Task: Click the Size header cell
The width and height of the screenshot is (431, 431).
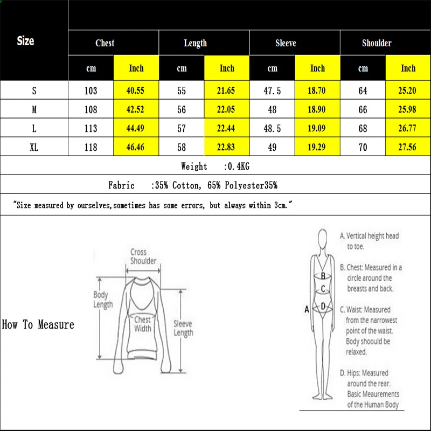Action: pyautogui.click(x=25, y=41)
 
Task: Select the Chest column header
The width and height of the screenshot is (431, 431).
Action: pyautogui.click(x=105, y=43)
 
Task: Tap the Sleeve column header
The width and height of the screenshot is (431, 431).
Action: pyautogui.click(x=286, y=43)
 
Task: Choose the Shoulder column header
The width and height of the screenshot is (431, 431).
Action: pyautogui.click(x=377, y=43)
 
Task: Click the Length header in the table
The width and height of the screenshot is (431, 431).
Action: pyautogui.click(x=195, y=43)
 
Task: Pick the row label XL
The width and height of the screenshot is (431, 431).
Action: pyautogui.click(x=34, y=147)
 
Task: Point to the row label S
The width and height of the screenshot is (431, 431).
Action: pyautogui.click(x=34, y=91)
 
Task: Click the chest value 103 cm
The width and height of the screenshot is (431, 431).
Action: pyautogui.click(x=91, y=91)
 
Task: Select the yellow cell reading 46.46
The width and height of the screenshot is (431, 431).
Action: pyautogui.click(x=136, y=147)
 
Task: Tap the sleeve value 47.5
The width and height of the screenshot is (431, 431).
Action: pyautogui.click(x=272, y=91)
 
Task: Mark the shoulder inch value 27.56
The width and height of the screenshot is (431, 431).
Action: pyautogui.click(x=408, y=147)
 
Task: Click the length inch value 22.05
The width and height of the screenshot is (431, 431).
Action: pyautogui.click(x=227, y=109)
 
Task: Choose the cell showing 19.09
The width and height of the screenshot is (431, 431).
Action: pyautogui.click(x=317, y=128)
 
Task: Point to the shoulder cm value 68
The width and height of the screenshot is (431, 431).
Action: pyautogui.click(x=363, y=128)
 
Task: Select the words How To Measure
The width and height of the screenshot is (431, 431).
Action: pyautogui.click(x=38, y=325)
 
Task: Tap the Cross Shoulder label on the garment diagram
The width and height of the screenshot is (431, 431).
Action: pyautogui.click(x=143, y=256)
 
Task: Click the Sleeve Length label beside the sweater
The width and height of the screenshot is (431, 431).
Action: pyautogui.click(x=183, y=328)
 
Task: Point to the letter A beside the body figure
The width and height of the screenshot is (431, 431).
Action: pyautogui.click(x=307, y=309)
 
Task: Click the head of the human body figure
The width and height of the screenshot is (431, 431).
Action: pyautogui.click(x=323, y=239)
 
